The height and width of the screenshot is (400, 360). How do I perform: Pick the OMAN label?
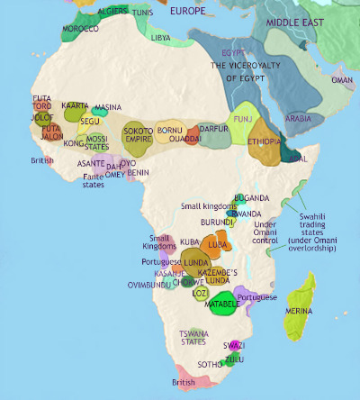tap(343, 80)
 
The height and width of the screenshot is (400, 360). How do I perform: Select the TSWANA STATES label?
tap(193, 336)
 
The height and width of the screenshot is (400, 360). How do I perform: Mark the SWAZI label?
tap(234, 345)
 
